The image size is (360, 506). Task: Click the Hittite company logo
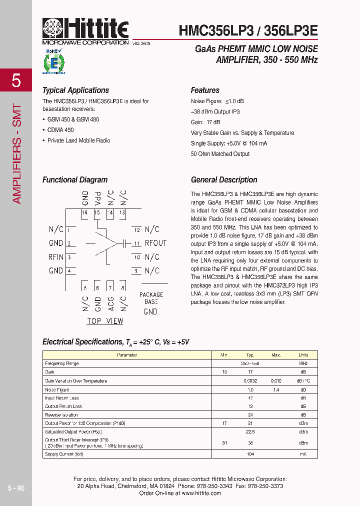(x=85, y=30)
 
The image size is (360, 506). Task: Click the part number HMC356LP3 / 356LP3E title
(x=248, y=30)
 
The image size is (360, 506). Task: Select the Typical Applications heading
(x=75, y=90)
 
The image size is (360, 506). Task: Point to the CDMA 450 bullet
(x=60, y=130)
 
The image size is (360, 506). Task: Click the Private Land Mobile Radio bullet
(x=78, y=140)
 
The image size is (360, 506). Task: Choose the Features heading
(x=205, y=90)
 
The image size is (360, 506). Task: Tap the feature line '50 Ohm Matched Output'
(x=220, y=154)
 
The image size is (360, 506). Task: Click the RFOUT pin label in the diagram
(x=155, y=243)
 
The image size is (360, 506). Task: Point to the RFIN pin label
(x=56, y=257)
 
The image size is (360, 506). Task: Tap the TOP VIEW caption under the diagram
(x=105, y=321)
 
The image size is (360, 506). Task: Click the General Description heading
(x=224, y=180)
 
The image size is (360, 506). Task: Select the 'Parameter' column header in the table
(x=127, y=355)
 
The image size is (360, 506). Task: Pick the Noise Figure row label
(x=57, y=389)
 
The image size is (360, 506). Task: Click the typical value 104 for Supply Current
(x=250, y=454)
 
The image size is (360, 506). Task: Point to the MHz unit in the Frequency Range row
(x=303, y=363)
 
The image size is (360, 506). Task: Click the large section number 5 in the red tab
(x=16, y=80)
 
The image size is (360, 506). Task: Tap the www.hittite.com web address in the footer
(x=201, y=493)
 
